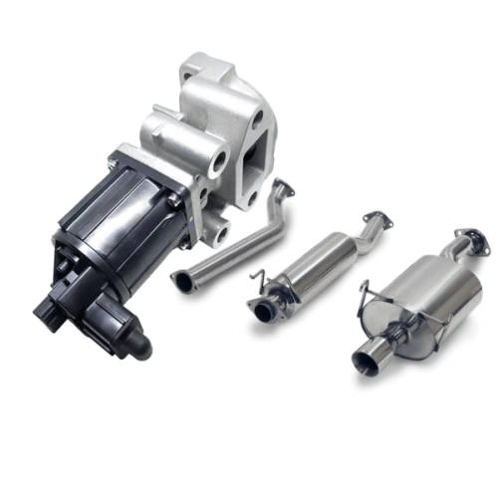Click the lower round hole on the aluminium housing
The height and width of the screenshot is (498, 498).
[221, 236]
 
